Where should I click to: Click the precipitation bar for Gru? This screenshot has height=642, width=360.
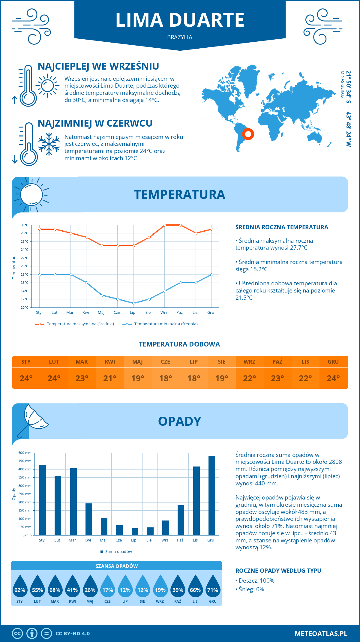(211, 495)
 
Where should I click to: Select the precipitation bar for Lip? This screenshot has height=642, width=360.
(135, 532)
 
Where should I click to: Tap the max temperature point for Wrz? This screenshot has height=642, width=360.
(165, 225)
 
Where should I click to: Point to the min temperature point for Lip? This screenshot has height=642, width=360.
(133, 303)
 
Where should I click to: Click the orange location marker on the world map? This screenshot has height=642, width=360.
(248, 134)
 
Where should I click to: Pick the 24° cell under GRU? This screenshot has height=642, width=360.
(333, 378)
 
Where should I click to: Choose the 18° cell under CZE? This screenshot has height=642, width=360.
(166, 378)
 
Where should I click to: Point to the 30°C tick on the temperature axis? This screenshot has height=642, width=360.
(25, 225)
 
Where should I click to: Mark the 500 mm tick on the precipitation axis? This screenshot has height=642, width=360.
(25, 453)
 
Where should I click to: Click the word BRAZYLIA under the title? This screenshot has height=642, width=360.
(180, 37)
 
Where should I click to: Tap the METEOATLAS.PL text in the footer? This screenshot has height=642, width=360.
(321, 634)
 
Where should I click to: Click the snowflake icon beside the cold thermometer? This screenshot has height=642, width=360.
(49, 144)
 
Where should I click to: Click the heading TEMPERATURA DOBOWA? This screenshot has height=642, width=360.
(179, 344)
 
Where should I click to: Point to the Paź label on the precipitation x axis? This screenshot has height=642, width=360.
(180, 540)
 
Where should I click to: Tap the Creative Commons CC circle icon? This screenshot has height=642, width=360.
(17, 634)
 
